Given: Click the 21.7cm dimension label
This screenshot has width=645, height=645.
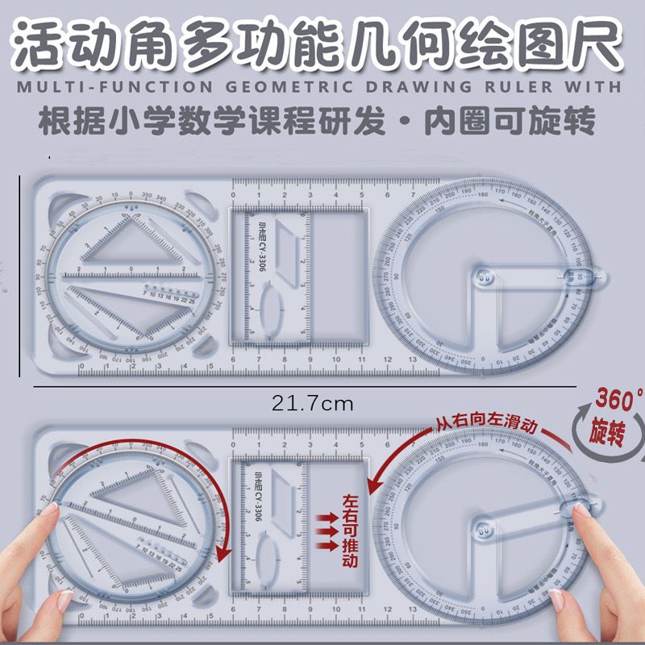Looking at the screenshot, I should [x=312, y=402].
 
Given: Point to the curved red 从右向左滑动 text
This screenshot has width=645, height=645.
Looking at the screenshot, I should [x=484, y=410].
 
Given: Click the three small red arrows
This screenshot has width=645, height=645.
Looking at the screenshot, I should [x=327, y=531].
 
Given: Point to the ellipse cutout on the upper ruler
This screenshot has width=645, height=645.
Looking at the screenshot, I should [x=271, y=308].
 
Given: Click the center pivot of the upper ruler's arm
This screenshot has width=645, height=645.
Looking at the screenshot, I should [x=484, y=279].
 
